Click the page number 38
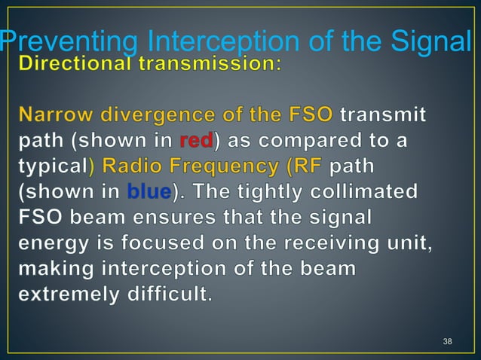pyautogui.click(x=447, y=342)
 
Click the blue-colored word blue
pyautogui.click(x=149, y=191)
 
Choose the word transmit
pyautogui.click(x=384, y=115)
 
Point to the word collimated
pyautogui.click(x=368, y=191)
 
